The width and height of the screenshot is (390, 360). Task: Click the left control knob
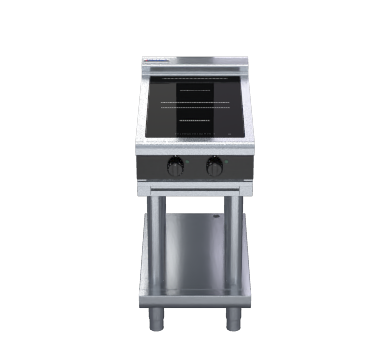(x=175, y=167)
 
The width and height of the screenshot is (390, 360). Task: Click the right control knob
(x=214, y=167)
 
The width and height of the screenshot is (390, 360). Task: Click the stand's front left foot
(x=156, y=319)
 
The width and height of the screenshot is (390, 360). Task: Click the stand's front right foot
(x=233, y=319)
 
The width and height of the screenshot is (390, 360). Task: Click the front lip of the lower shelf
(x=195, y=297)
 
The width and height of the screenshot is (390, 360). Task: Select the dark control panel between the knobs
(x=195, y=166)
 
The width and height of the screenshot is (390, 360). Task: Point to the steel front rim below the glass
(x=195, y=145)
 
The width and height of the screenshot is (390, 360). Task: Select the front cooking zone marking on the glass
(x=195, y=121)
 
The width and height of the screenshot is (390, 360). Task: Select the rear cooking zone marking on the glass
(x=195, y=88)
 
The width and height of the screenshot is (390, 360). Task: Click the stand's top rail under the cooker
(x=195, y=187)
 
